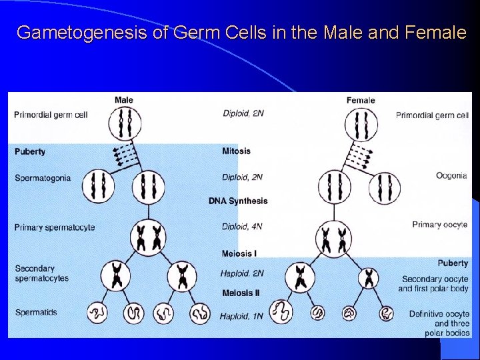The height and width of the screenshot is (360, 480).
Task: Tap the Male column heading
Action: [124, 100]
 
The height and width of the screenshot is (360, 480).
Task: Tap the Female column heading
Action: [361, 100]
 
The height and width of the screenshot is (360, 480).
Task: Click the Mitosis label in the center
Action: [236, 151]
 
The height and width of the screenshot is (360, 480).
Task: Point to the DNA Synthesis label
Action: [238, 201]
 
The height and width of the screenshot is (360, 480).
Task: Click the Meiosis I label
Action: [239, 253]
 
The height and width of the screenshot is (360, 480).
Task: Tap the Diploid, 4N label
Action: [243, 227]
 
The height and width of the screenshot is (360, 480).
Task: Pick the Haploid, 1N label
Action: [243, 315]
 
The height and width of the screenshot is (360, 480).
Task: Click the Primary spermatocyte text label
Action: [55, 227]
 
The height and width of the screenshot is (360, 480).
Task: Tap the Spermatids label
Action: [36, 312]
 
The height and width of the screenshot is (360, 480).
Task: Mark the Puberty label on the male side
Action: [30, 151]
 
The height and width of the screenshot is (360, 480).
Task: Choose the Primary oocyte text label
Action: [440, 225]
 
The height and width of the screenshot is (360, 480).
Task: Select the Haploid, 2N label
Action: [243, 273]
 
